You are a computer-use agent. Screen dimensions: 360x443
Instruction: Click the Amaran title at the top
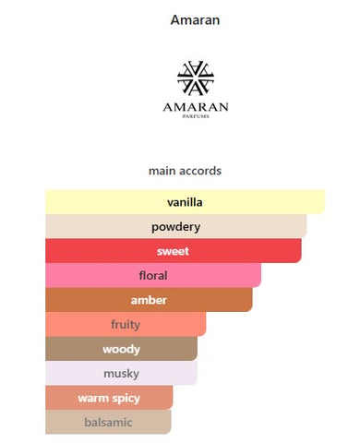click(195, 20)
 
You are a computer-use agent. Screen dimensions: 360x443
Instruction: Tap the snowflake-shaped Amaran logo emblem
click(196, 78)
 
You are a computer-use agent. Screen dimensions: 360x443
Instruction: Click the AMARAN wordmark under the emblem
click(196, 107)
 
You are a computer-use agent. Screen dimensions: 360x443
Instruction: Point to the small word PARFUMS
click(196, 116)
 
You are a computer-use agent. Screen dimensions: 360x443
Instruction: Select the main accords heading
click(185, 171)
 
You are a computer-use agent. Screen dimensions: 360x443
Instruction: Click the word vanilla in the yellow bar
click(185, 202)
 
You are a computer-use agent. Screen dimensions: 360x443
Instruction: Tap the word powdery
click(175, 227)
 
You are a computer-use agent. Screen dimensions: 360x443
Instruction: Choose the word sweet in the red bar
click(173, 251)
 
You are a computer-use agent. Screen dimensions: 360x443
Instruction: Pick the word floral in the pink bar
click(153, 275)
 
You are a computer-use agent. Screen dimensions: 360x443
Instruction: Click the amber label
click(149, 300)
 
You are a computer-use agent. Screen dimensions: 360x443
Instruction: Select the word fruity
click(126, 325)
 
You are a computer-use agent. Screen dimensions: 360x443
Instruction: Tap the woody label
click(121, 349)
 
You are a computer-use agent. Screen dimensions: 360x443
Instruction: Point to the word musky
click(121, 374)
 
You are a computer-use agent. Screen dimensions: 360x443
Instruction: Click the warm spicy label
click(109, 399)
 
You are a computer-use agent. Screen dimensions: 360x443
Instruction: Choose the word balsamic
click(108, 423)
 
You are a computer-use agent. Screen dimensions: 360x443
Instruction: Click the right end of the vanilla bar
click(324, 202)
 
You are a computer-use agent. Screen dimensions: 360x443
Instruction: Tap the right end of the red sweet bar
click(301, 251)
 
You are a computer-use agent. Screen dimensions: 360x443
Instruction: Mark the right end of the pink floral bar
click(260, 275)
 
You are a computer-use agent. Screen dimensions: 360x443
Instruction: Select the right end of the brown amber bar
click(252, 300)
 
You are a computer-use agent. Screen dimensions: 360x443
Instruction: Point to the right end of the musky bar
click(197, 373)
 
